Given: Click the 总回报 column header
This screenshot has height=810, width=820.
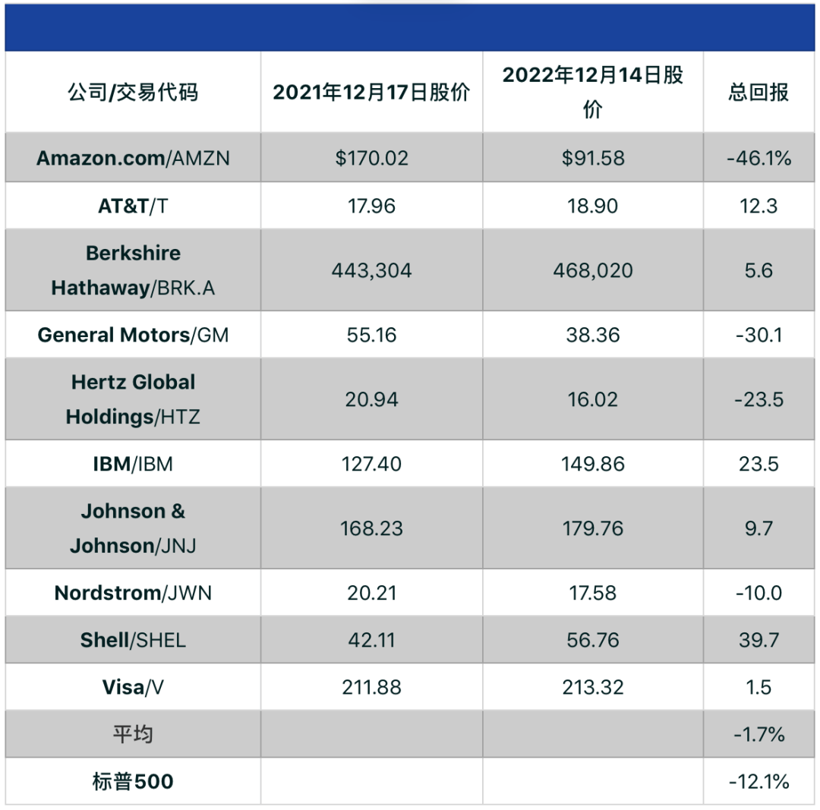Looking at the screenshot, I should (x=758, y=93).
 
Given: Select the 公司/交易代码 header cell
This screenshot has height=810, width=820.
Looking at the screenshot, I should (x=133, y=93).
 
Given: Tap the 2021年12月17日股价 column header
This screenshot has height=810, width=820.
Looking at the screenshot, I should (x=371, y=93).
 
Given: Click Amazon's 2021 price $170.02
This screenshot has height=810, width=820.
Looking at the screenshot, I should (x=371, y=158).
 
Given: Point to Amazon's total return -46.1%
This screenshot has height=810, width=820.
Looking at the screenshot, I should (x=758, y=158).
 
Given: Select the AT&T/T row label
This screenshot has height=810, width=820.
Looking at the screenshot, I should (x=133, y=206).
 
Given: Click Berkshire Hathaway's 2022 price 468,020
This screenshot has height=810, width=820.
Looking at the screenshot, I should (x=593, y=270).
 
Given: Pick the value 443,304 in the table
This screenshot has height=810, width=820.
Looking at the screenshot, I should (x=371, y=270).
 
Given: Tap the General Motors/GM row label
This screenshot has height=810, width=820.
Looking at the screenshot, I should (x=133, y=335).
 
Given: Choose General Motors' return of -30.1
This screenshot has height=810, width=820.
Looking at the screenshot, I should (x=758, y=335).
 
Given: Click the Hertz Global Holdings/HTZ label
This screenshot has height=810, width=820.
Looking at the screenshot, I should (x=133, y=399).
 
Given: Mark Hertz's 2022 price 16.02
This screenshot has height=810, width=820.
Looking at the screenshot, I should (x=593, y=399).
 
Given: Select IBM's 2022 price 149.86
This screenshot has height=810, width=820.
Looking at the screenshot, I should (x=593, y=464).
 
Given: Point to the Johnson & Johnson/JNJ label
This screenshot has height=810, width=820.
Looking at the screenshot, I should (x=133, y=528).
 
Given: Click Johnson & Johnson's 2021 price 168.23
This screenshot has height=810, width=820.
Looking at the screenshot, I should (x=371, y=528).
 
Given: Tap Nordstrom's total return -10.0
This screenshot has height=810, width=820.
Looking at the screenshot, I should (x=758, y=593).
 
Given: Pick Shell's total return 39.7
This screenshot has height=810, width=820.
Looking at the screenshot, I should (x=758, y=640).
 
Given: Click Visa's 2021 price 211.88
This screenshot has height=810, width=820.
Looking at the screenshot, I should (x=371, y=688).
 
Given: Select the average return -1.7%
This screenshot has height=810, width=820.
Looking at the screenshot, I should (x=758, y=734).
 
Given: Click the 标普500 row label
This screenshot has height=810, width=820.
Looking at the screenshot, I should (x=133, y=781).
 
